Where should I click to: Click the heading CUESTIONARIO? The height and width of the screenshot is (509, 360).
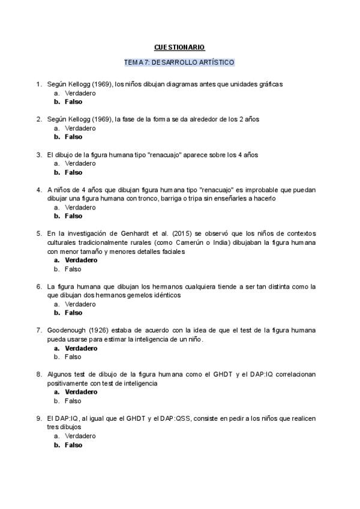pos(179,47)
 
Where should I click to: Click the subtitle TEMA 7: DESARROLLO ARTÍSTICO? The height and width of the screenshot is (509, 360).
pos(179,62)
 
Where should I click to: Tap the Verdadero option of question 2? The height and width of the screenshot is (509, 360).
pos(80,128)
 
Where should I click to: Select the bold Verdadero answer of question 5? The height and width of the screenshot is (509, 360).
pos(80,261)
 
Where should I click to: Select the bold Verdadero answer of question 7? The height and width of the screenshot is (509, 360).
pos(80,348)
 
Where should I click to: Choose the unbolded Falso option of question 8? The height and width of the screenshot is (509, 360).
pos(73,401)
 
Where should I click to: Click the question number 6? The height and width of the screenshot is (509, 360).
pos(38,286)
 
